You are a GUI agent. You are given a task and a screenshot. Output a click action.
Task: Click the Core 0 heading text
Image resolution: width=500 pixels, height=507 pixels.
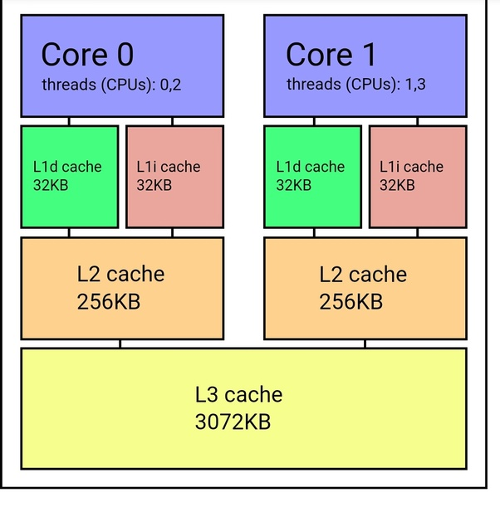87,54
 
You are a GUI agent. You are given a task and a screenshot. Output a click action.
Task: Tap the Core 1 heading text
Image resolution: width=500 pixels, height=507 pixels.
331,54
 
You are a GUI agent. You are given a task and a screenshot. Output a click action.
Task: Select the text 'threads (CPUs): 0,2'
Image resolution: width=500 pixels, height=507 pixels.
111,85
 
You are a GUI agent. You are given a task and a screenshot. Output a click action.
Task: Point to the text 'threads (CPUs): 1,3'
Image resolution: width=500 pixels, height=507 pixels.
356,85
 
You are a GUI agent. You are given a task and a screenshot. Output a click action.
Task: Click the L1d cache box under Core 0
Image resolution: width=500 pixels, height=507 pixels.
70,177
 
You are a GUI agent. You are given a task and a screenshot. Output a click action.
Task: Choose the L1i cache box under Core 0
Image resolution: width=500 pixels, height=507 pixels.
174,177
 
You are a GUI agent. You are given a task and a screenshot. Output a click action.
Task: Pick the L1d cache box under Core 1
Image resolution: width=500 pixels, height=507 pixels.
312,177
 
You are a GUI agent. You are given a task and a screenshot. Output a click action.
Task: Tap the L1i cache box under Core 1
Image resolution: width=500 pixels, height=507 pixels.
418,177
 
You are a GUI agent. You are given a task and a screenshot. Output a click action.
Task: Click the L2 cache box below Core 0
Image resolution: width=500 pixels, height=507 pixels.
122,289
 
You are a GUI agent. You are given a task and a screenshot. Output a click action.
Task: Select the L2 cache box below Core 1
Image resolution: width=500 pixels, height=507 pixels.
365,289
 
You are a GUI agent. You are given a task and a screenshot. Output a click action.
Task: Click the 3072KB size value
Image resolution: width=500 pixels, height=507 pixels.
233,422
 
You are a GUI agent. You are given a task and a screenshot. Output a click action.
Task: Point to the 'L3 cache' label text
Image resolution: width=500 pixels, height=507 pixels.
238,394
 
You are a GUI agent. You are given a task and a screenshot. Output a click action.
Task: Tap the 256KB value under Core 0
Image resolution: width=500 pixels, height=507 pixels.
109,302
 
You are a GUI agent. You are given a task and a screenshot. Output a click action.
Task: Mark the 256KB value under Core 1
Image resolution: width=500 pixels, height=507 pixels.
350,302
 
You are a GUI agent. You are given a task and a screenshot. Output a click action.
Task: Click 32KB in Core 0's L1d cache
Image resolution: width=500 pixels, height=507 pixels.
51,185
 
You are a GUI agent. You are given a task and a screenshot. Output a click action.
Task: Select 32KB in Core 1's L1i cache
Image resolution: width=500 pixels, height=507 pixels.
397,185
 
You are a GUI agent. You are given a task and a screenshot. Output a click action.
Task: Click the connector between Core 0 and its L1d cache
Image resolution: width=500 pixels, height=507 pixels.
69,122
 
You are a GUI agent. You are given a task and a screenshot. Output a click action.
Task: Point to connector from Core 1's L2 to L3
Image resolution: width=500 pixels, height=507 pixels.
365,344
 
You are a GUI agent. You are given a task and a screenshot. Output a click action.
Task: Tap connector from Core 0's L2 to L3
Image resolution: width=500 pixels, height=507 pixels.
120,344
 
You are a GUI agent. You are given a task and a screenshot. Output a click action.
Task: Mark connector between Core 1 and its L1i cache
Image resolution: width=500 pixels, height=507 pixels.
418,122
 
